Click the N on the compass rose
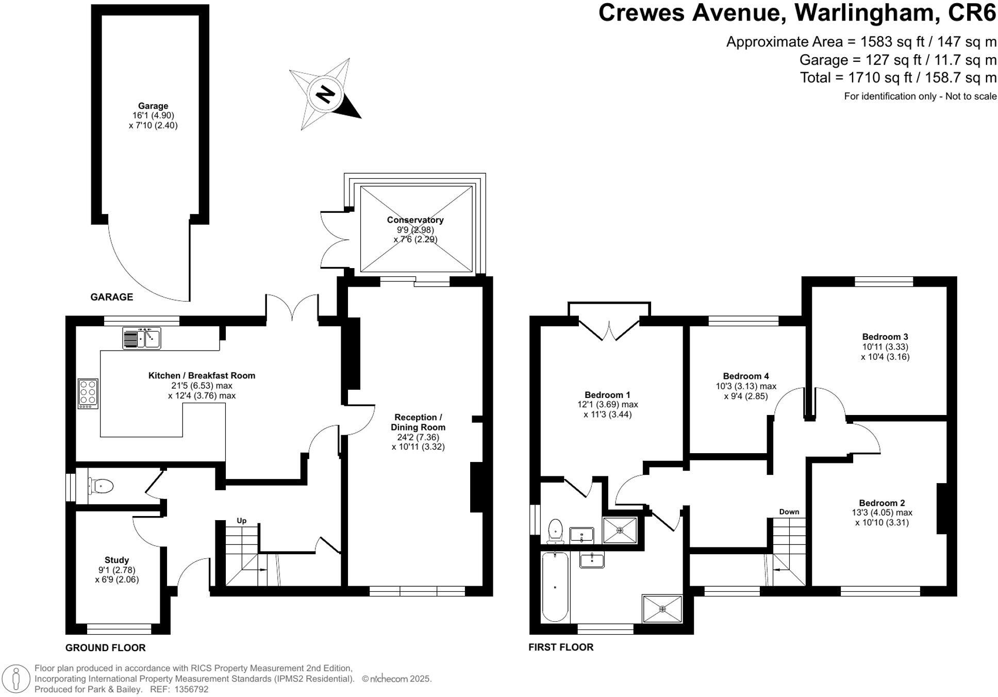tap(325, 94)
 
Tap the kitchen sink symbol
tap(142, 338)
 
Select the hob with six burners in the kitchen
tap(88, 394)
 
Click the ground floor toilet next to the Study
tap(102, 486)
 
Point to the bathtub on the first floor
tap(555, 587)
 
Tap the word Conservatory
tap(415, 220)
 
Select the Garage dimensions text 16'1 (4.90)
tap(153, 115)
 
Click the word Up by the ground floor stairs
tap(241, 521)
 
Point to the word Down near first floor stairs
tap(789, 511)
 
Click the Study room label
tap(117, 560)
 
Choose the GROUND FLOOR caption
tap(105, 648)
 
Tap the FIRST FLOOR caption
tap(561, 647)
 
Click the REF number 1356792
tap(191, 689)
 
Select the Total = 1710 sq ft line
tap(897, 78)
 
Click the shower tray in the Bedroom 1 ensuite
tap(620, 530)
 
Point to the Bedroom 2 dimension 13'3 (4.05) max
tap(881, 512)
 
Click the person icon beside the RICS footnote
tap(16, 678)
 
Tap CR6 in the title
tap(972, 13)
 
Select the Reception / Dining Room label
tap(418, 422)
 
